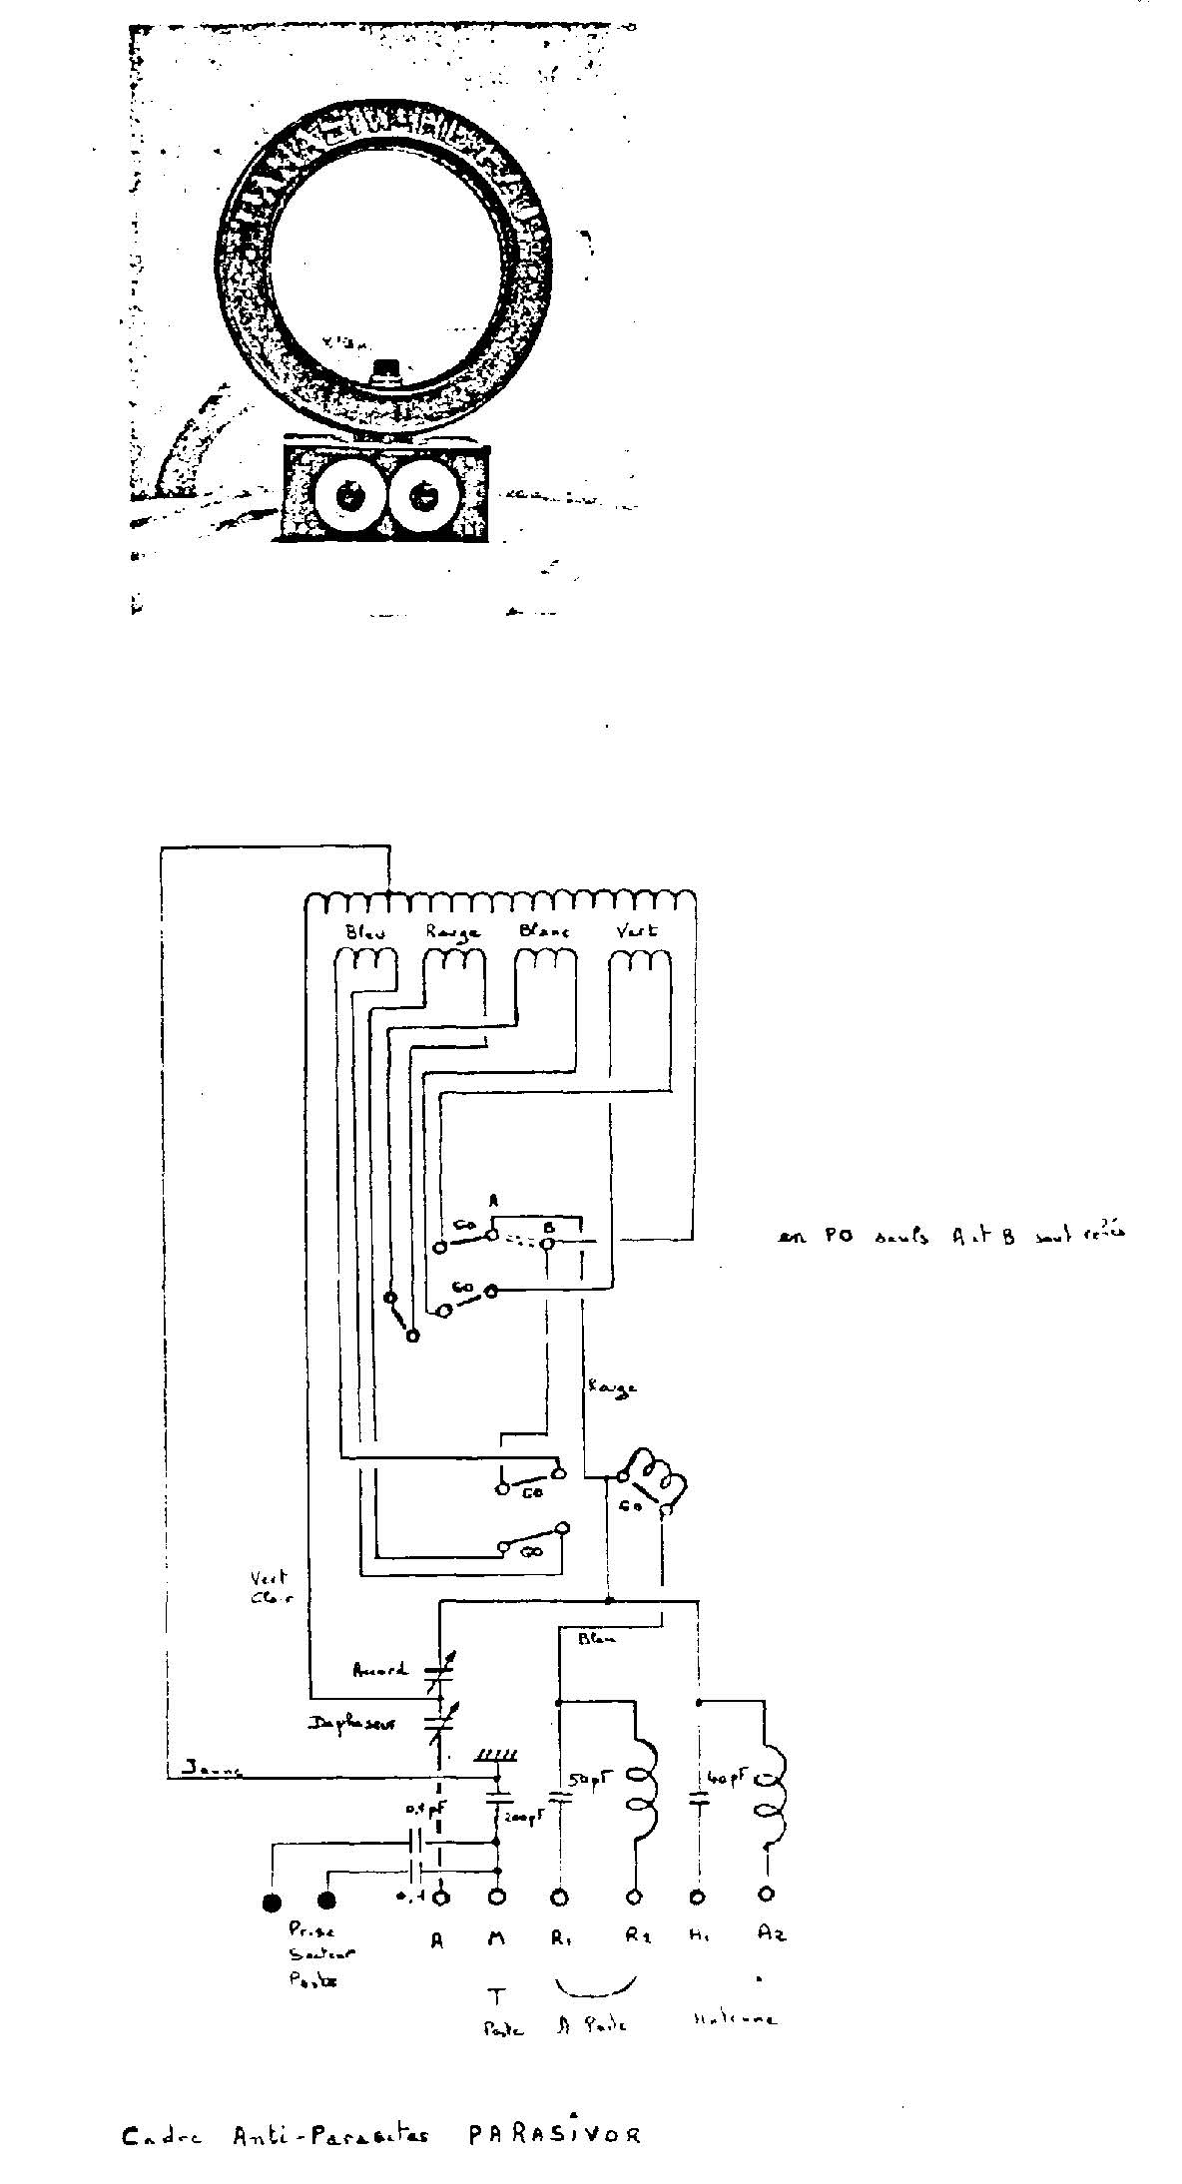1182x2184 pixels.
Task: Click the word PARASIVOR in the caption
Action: coord(554,2137)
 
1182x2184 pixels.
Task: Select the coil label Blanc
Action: coord(544,930)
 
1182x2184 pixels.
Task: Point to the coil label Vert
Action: coord(638,930)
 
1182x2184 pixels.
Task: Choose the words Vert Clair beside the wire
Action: coord(269,1586)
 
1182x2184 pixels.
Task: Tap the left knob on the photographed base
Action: coord(348,494)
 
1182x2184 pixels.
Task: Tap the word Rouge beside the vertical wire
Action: coord(612,1386)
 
